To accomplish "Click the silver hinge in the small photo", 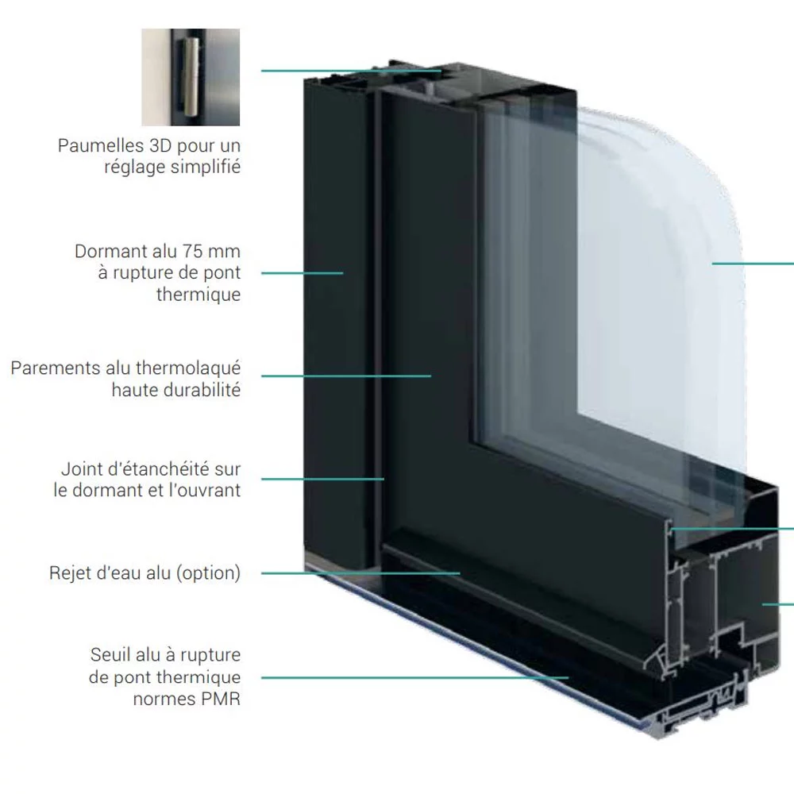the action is click(190, 76).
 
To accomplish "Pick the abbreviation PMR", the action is click(220, 699).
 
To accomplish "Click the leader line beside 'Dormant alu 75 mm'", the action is click(303, 273).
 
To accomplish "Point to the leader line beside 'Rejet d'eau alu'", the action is click(360, 573).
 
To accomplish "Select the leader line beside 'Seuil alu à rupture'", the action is click(414, 677).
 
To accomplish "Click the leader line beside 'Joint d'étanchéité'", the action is click(322, 479).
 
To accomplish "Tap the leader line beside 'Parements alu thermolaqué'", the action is click(346, 376).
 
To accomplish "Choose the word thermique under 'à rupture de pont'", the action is click(198, 295).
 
